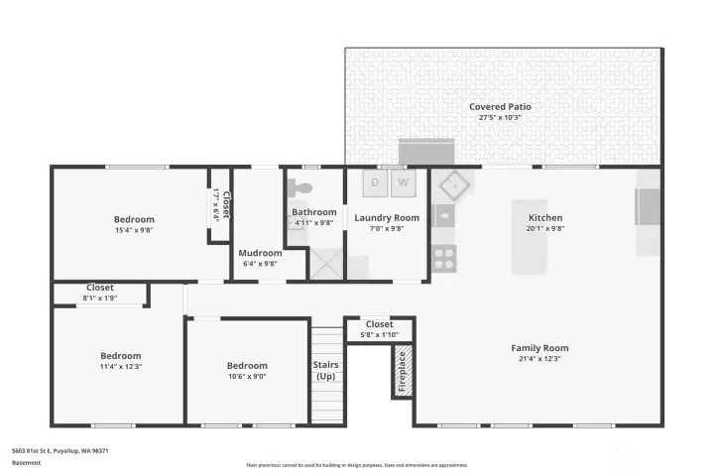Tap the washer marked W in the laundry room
404,182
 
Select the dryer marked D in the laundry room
376,182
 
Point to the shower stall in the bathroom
325,263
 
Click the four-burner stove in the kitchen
443,259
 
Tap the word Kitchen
545,218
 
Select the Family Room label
539,348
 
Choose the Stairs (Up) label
325,370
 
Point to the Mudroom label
260,253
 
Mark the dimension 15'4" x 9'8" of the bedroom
133,230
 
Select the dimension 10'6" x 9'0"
246,377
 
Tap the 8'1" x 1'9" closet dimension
100,297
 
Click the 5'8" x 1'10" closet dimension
379,335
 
